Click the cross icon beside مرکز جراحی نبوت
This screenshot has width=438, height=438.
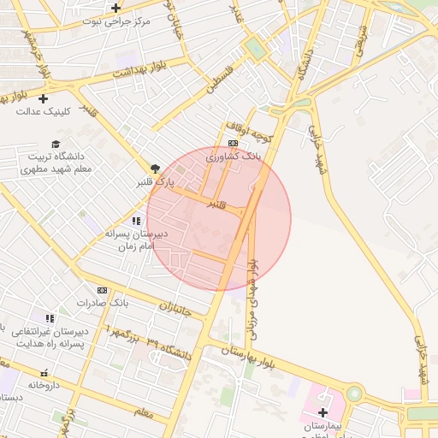[x=115, y=8]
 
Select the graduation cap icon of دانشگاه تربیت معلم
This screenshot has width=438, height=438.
[x=56, y=144]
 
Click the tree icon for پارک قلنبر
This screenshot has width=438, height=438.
[x=155, y=169]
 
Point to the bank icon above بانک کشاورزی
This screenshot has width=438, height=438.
[x=233, y=143]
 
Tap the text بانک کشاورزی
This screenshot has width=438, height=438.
[x=233, y=157]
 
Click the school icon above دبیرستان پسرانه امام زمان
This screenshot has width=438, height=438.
[x=136, y=221]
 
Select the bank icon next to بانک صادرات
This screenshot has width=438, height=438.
[x=103, y=291]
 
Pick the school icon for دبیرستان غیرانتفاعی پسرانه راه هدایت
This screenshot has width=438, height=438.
[x=50, y=319]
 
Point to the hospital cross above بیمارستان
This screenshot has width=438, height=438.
[x=322, y=413]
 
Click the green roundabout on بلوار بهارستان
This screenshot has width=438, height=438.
[x=353, y=394]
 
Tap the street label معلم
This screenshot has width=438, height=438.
[x=144, y=412]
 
